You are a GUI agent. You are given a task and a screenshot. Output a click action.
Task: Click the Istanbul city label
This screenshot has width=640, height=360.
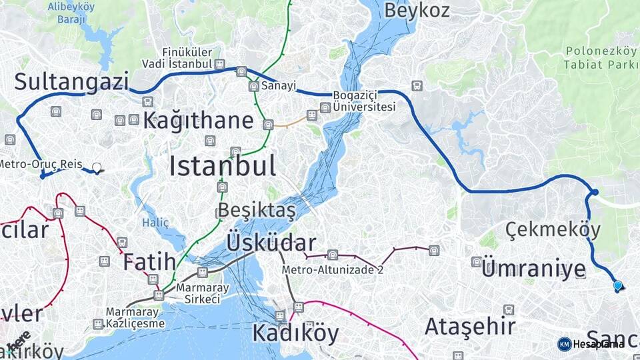(x=222, y=166)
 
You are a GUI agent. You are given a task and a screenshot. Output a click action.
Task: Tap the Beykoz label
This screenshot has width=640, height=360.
(x=417, y=10)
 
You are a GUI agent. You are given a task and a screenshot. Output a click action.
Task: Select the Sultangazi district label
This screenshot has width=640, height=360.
(x=71, y=82)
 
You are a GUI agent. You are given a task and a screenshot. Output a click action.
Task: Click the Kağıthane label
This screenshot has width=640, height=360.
(x=198, y=121)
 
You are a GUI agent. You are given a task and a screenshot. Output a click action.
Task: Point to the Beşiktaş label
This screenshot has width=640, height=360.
(x=257, y=210)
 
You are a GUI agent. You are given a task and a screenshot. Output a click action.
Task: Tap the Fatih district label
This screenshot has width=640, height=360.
(x=149, y=261)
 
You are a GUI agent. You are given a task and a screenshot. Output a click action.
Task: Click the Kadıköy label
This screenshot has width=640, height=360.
(x=295, y=333)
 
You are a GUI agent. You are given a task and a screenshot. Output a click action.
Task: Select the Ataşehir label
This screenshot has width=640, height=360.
(x=470, y=327)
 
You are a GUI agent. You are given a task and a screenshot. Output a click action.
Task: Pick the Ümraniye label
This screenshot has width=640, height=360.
(x=533, y=269)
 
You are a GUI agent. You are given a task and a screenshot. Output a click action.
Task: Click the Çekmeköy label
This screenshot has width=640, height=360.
(x=553, y=230)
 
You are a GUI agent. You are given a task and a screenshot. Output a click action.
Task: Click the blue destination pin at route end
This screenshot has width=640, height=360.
(x=617, y=286)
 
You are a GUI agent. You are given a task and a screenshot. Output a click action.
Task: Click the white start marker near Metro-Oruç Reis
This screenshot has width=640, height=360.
(x=97, y=168)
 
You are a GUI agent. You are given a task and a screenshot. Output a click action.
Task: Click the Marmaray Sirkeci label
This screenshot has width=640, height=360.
(x=198, y=294)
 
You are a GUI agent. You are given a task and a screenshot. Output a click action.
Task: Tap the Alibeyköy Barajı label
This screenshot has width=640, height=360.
(x=70, y=13)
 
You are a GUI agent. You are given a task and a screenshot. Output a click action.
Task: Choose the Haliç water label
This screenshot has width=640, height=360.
(x=155, y=223)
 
